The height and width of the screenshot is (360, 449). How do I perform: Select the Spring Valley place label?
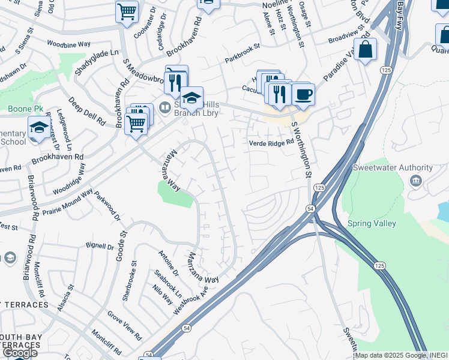pyautogui.click(x=372, y=224)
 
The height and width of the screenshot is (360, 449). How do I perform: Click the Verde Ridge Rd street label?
pyautogui.click(x=271, y=143)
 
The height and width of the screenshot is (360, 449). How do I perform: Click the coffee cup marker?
pyautogui.click(x=303, y=94)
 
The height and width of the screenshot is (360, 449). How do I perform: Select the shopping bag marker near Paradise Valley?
pyautogui.click(x=365, y=50)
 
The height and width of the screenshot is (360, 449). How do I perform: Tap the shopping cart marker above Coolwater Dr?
pyautogui.click(x=127, y=11)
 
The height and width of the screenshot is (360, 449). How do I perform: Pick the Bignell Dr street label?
pyautogui.click(x=100, y=246)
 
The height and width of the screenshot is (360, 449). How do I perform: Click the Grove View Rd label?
pyautogui.click(x=124, y=325)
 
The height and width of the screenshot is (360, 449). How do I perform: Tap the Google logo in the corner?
pyautogui.click(x=20, y=353)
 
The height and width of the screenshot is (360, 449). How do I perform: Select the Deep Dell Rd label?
pyautogui.click(x=86, y=109)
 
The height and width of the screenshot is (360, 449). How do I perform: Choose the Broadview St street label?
pyautogui.click(x=346, y=38)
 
